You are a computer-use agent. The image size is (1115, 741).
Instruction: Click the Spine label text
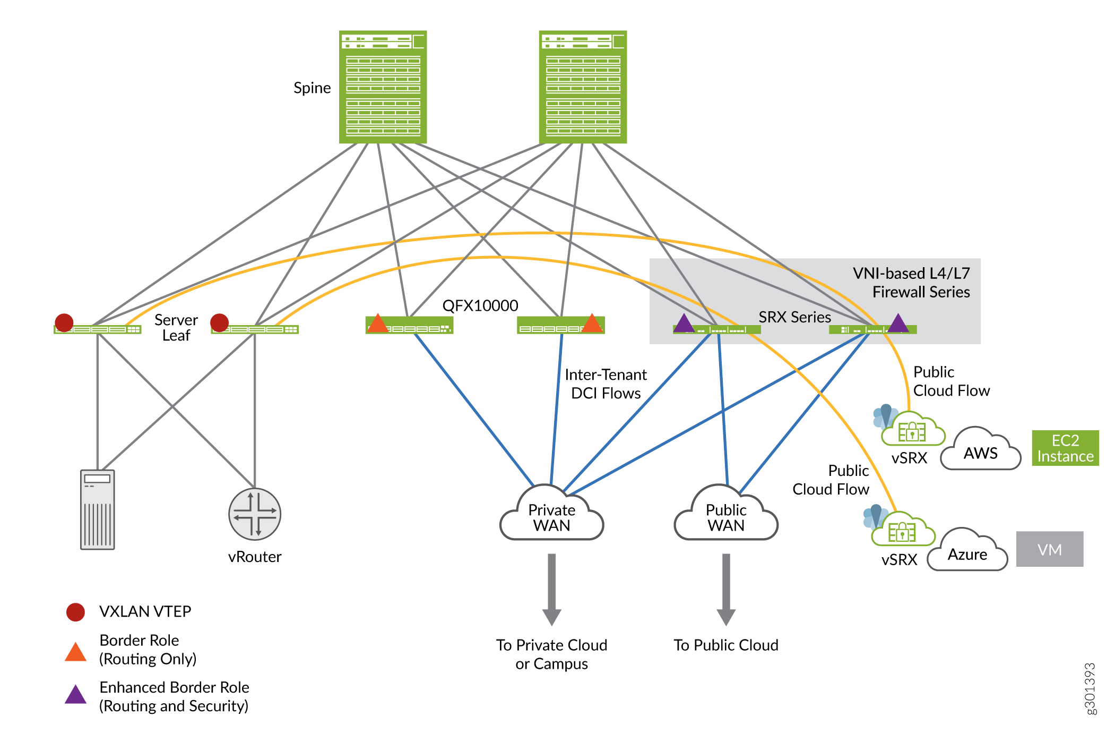312,88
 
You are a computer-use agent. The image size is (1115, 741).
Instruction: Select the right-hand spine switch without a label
583,87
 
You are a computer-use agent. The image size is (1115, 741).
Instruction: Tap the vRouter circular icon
255,514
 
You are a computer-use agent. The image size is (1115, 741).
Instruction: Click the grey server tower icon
98,509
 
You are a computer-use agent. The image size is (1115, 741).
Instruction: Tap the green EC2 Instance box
1065,448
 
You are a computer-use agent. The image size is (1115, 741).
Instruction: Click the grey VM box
1049,549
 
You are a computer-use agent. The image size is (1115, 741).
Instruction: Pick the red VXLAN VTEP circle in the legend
75,612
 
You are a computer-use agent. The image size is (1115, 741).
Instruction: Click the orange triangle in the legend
75,652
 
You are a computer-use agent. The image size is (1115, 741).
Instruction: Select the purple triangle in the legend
75,695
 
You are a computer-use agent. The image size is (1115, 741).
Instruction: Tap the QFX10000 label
480,306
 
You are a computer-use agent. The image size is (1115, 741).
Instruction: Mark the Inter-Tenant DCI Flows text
606,384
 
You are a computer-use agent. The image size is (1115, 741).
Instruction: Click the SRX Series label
794,317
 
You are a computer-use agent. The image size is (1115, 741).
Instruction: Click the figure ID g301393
1090,688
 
